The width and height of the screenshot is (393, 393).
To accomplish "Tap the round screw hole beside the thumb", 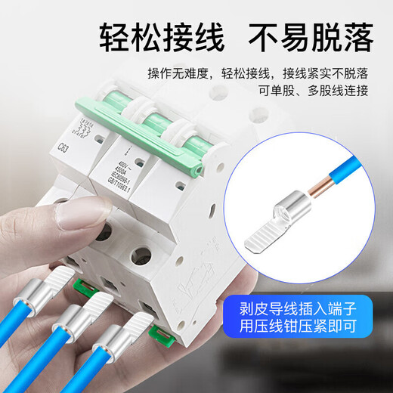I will [x=141, y=255].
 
